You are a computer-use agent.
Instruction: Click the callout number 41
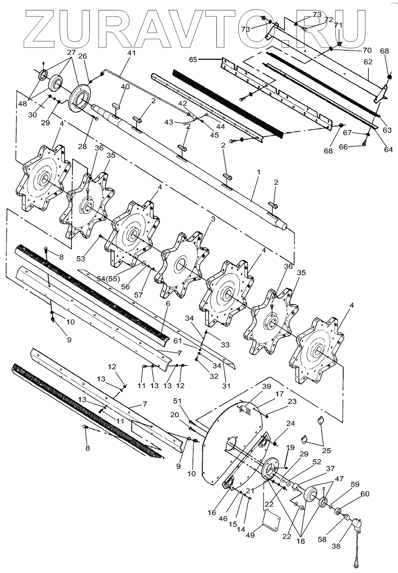tap(131, 53)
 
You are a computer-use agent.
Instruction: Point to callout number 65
tap(193, 59)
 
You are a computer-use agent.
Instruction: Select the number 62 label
tap(368, 62)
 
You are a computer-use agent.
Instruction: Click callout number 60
tap(365, 494)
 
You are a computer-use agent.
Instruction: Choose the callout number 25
tap(327, 450)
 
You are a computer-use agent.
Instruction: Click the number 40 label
tap(125, 87)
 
